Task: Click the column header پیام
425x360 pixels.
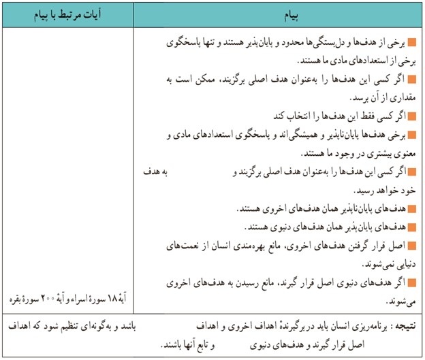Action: pyautogui.click(x=274, y=14)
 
